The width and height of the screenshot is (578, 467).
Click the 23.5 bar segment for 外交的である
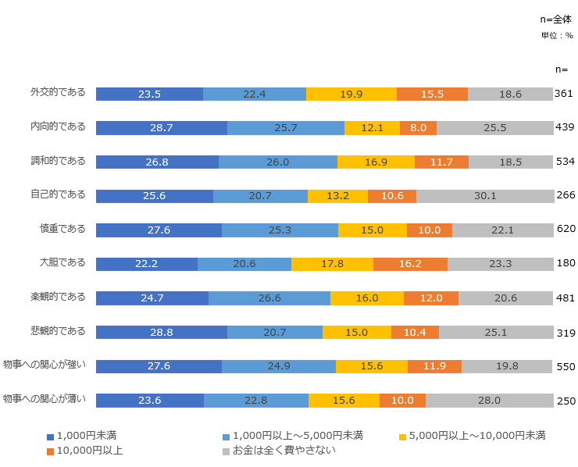coord(149,94)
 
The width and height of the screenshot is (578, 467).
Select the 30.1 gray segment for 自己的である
coord(484,195)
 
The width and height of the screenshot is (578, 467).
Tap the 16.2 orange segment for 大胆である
coord(410,264)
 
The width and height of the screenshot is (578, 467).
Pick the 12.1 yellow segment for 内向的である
coord(372,127)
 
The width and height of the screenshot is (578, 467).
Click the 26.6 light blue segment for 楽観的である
coord(269,298)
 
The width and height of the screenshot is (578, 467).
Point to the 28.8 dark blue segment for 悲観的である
coord(162,332)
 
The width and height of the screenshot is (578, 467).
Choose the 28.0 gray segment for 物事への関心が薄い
coord(489,400)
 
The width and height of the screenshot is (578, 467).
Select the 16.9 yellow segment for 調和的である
coord(376,162)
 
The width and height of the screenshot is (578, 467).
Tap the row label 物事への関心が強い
coord(45,365)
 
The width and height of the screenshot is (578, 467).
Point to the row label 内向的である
coord(58,126)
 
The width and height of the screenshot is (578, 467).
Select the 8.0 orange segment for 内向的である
coord(418,127)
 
